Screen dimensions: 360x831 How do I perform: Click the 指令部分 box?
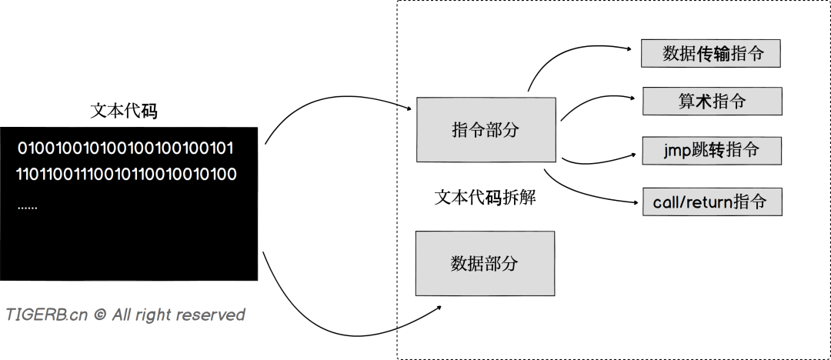[486, 129]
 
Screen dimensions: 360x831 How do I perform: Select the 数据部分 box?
[484, 263]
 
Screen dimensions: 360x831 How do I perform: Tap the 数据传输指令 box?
[711, 54]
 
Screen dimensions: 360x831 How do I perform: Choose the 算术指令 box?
[712, 101]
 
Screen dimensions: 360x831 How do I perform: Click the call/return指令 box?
[712, 202]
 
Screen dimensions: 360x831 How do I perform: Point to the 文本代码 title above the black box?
[124, 111]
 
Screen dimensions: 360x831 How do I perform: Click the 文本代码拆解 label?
[485, 197]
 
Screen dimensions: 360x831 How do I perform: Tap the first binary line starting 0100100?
[125, 148]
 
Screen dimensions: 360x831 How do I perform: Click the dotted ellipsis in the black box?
[27, 207]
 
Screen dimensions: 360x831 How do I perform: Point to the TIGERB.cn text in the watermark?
[47, 315]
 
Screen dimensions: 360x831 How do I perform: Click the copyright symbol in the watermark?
[99, 315]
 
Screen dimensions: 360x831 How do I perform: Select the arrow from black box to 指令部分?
[331, 108]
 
